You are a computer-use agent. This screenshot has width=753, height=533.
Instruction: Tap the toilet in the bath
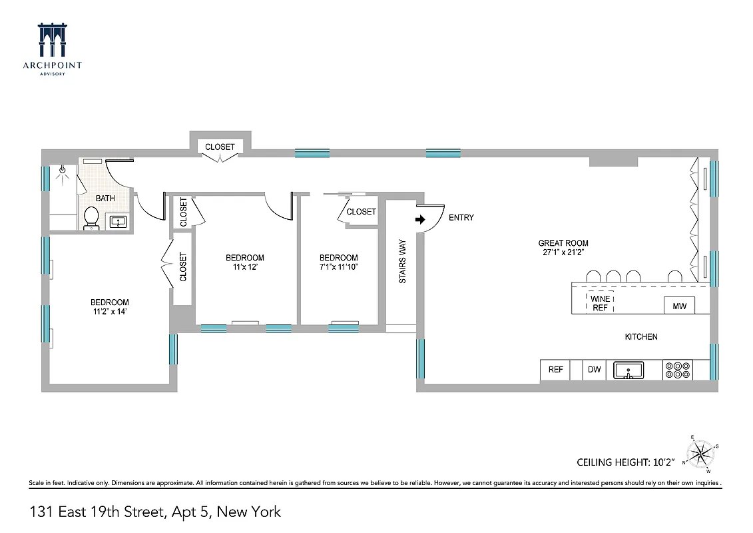pos(91,218)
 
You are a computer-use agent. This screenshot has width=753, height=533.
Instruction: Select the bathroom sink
pos(119,221)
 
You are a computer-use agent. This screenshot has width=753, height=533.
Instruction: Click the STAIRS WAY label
pos(403,262)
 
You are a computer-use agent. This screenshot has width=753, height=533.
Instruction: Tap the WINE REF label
pos(600,304)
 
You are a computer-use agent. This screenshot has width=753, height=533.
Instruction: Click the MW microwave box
pos(679,306)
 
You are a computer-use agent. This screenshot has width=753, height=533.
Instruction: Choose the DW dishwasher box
pos(594,370)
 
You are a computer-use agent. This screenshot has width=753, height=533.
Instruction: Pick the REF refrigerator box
pos(555,370)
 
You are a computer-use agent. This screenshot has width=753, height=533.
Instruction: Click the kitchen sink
pos(628,370)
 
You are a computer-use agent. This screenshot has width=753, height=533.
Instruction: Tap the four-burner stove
pos(677,370)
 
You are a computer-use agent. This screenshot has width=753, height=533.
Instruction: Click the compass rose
pos(700,454)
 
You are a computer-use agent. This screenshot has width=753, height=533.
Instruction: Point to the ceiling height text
pos(625,462)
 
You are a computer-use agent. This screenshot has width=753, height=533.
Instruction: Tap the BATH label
pos(105,198)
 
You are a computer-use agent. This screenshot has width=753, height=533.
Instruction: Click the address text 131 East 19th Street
pos(156,512)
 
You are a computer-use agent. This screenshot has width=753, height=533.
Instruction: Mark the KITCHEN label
pos(640,337)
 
